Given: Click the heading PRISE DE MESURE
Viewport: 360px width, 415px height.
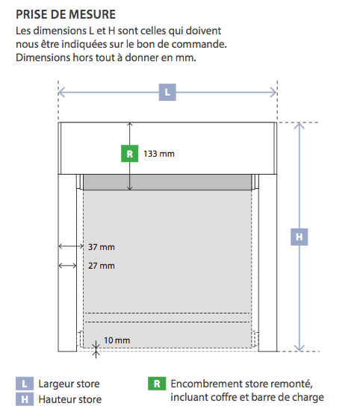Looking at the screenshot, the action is pos(66,14).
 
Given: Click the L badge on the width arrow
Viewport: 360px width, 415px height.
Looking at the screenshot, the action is pos(167,92).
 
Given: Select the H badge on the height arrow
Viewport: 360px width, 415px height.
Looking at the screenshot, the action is pos(299,237).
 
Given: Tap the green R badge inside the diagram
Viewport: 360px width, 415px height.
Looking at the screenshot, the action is pos(129,154).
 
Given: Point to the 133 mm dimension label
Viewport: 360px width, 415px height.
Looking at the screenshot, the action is pos(159,154).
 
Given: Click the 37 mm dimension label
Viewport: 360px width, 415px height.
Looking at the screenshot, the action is pos(102,247).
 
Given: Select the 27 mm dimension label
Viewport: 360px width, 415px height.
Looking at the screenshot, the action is pos(102,266).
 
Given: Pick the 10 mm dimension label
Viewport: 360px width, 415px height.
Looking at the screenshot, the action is pos(117,340).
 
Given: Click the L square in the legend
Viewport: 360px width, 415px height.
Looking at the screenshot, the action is pos(25,384).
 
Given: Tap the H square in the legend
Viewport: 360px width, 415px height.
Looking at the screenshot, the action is pos(25,399).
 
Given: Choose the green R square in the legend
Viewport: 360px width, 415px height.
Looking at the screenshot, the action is pos(157,384).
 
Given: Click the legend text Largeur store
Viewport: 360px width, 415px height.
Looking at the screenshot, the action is pos(69,384).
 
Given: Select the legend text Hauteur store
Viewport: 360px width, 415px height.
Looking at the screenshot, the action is pos(70,399).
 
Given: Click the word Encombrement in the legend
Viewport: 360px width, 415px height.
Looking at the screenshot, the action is pos(206,384).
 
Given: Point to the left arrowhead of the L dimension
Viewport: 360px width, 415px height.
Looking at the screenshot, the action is pos(61,93).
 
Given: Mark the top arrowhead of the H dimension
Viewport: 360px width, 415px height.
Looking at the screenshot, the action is pos(299,125).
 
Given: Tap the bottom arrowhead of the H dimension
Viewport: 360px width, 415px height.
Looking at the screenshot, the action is pos(299,349).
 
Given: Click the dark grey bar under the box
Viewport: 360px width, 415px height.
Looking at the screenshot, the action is pos(167,182).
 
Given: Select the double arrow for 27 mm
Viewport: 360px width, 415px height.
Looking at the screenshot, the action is pos(67,265).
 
